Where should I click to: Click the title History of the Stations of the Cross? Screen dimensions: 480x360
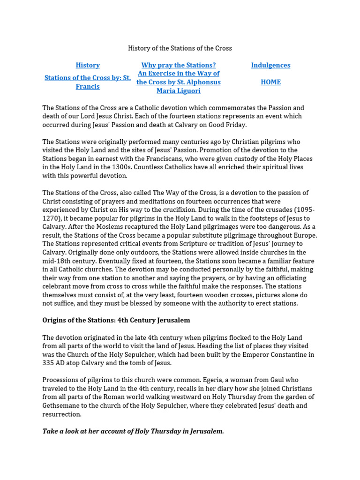180,48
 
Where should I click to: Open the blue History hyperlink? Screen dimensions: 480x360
88,65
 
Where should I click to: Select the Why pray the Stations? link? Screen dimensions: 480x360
178,65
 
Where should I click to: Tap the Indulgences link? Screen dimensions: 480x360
270,65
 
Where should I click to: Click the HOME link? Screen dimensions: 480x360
270,82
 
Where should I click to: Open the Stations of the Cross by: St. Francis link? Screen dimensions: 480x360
88,82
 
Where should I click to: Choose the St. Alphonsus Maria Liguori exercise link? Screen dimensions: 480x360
178,82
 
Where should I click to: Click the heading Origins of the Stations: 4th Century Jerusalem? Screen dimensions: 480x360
116,320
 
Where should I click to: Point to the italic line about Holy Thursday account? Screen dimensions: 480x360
133,431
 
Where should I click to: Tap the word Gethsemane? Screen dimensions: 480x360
63,405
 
